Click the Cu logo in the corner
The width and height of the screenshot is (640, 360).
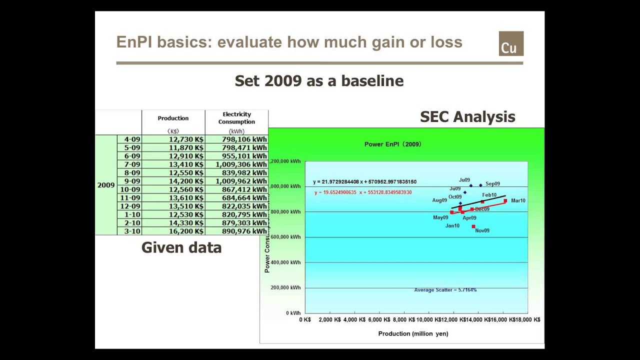point(510,43)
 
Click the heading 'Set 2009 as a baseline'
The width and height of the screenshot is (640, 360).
point(319,81)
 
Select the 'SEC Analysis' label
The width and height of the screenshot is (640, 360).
point(467,117)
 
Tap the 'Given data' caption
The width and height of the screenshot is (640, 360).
point(181,247)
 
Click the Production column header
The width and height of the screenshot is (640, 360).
point(173,118)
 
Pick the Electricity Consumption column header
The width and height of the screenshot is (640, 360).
point(236,118)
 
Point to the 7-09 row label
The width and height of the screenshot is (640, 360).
point(132,164)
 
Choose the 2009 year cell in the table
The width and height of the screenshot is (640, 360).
point(106,185)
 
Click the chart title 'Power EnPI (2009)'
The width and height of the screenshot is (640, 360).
point(392,144)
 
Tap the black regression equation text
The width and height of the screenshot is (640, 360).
point(364,182)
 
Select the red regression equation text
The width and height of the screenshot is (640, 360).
point(363,192)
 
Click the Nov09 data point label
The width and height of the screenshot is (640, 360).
point(482,230)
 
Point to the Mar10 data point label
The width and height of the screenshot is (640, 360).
point(518,200)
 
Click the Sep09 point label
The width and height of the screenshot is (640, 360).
point(492,184)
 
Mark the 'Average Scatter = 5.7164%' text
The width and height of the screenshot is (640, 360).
point(445,290)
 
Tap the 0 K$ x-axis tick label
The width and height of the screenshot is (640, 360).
point(305,319)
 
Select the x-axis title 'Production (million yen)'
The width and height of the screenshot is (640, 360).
point(413,334)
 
